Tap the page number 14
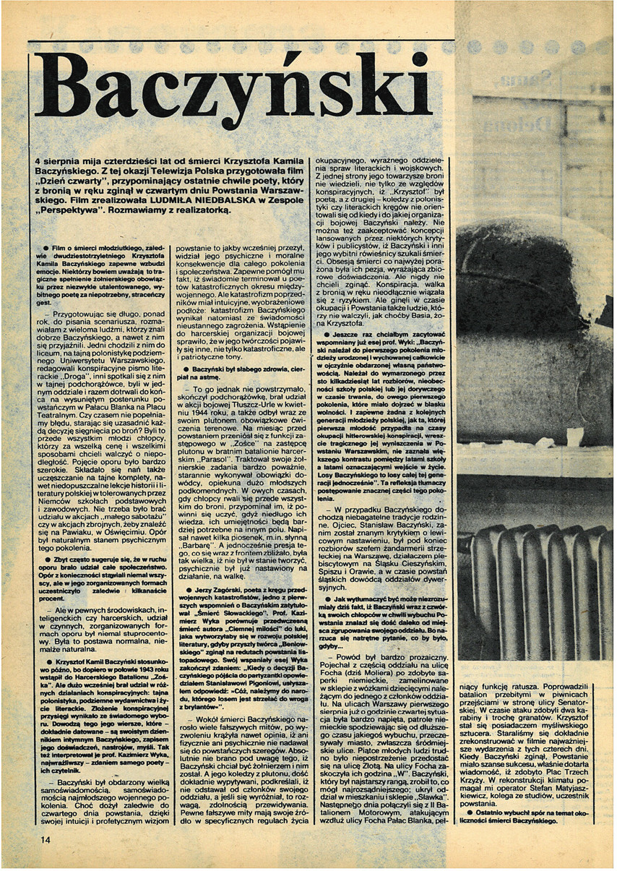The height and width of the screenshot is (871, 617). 46,838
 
